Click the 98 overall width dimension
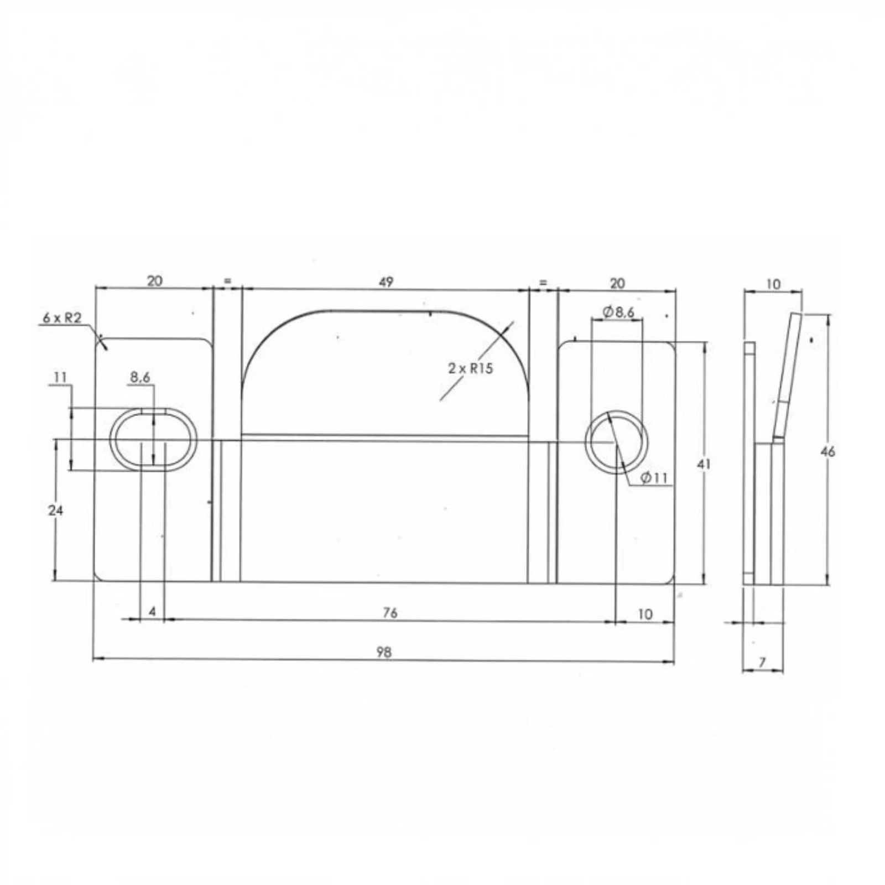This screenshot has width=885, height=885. (384, 652)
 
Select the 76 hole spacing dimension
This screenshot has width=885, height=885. (390, 612)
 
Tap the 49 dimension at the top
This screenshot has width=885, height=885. (386, 282)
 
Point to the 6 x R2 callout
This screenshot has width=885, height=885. (62, 318)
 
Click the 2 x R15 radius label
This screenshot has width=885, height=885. (470, 368)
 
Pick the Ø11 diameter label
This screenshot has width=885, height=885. (654, 477)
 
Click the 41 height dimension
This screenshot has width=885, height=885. (703, 464)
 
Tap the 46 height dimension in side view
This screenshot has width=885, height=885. (827, 451)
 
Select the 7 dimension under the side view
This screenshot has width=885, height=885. (762, 662)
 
